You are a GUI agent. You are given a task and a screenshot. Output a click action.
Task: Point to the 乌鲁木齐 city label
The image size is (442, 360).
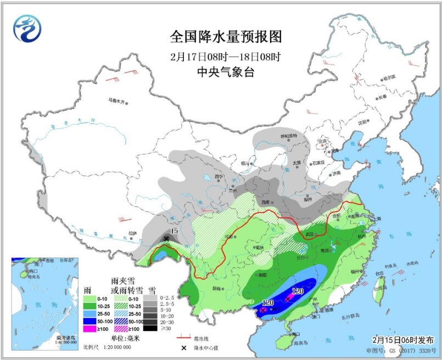click(x=116, y=101)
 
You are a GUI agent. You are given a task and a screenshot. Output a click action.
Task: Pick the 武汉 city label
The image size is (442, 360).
click(x=310, y=234)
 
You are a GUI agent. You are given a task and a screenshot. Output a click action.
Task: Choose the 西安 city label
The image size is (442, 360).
click(x=266, y=202)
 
